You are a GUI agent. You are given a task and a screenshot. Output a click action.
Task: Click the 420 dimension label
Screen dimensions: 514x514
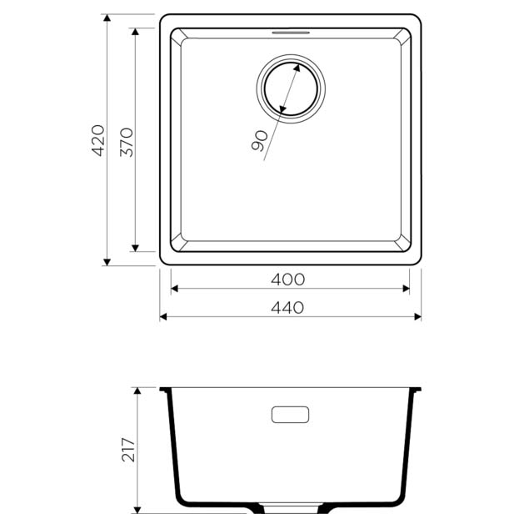(x=97, y=140)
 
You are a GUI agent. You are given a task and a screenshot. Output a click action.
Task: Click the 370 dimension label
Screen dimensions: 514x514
(x=127, y=142)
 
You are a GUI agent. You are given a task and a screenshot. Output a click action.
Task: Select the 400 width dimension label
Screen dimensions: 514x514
(x=287, y=280)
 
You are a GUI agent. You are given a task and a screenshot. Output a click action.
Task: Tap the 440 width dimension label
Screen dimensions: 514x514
(x=287, y=308)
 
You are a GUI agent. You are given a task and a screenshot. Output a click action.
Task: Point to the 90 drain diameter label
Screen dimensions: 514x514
(x=260, y=141)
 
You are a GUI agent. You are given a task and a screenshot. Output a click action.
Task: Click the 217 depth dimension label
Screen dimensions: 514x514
(x=128, y=450)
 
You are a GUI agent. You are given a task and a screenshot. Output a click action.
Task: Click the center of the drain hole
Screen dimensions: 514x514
(x=291, y=89)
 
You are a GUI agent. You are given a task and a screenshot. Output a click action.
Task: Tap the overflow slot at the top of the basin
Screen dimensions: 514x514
(x=291, y=33)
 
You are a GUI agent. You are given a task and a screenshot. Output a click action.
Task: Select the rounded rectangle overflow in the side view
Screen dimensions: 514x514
(x=290, y=415)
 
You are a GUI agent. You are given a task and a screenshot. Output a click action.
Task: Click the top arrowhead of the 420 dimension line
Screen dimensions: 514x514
(x=107, y=18)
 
